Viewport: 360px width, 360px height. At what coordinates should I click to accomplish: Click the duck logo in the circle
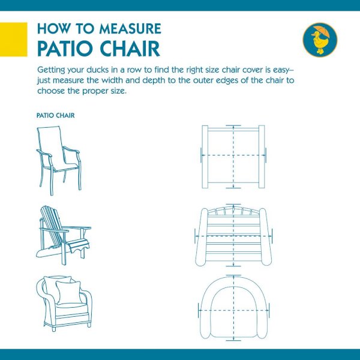(320, 40)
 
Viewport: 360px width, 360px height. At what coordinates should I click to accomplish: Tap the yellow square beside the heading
(14, 39)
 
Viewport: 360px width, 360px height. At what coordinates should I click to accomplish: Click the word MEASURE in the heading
(130, 28)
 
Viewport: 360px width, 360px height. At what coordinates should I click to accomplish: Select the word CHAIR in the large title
(130, 49)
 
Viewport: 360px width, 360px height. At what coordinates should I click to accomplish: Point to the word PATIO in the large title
(67, 49)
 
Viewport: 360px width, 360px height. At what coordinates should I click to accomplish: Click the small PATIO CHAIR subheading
(56, 115)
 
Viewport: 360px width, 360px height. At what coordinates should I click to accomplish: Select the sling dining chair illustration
(59, 160)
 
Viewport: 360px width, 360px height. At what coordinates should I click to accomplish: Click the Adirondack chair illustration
(64, 235)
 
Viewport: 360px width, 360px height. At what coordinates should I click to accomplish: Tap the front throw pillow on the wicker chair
(68, 293)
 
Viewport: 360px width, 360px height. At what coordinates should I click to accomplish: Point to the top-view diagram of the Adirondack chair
(233, 235)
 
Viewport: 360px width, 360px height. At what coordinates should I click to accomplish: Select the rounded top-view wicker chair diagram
(233, 308)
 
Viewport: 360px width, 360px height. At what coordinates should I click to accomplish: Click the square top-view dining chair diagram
(233, 157)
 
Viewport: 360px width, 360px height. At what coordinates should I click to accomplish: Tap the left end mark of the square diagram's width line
(201, 155)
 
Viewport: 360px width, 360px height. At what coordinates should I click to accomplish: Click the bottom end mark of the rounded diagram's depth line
(233, 340)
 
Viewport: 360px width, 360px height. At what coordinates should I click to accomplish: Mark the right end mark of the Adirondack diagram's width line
(272, 236)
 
